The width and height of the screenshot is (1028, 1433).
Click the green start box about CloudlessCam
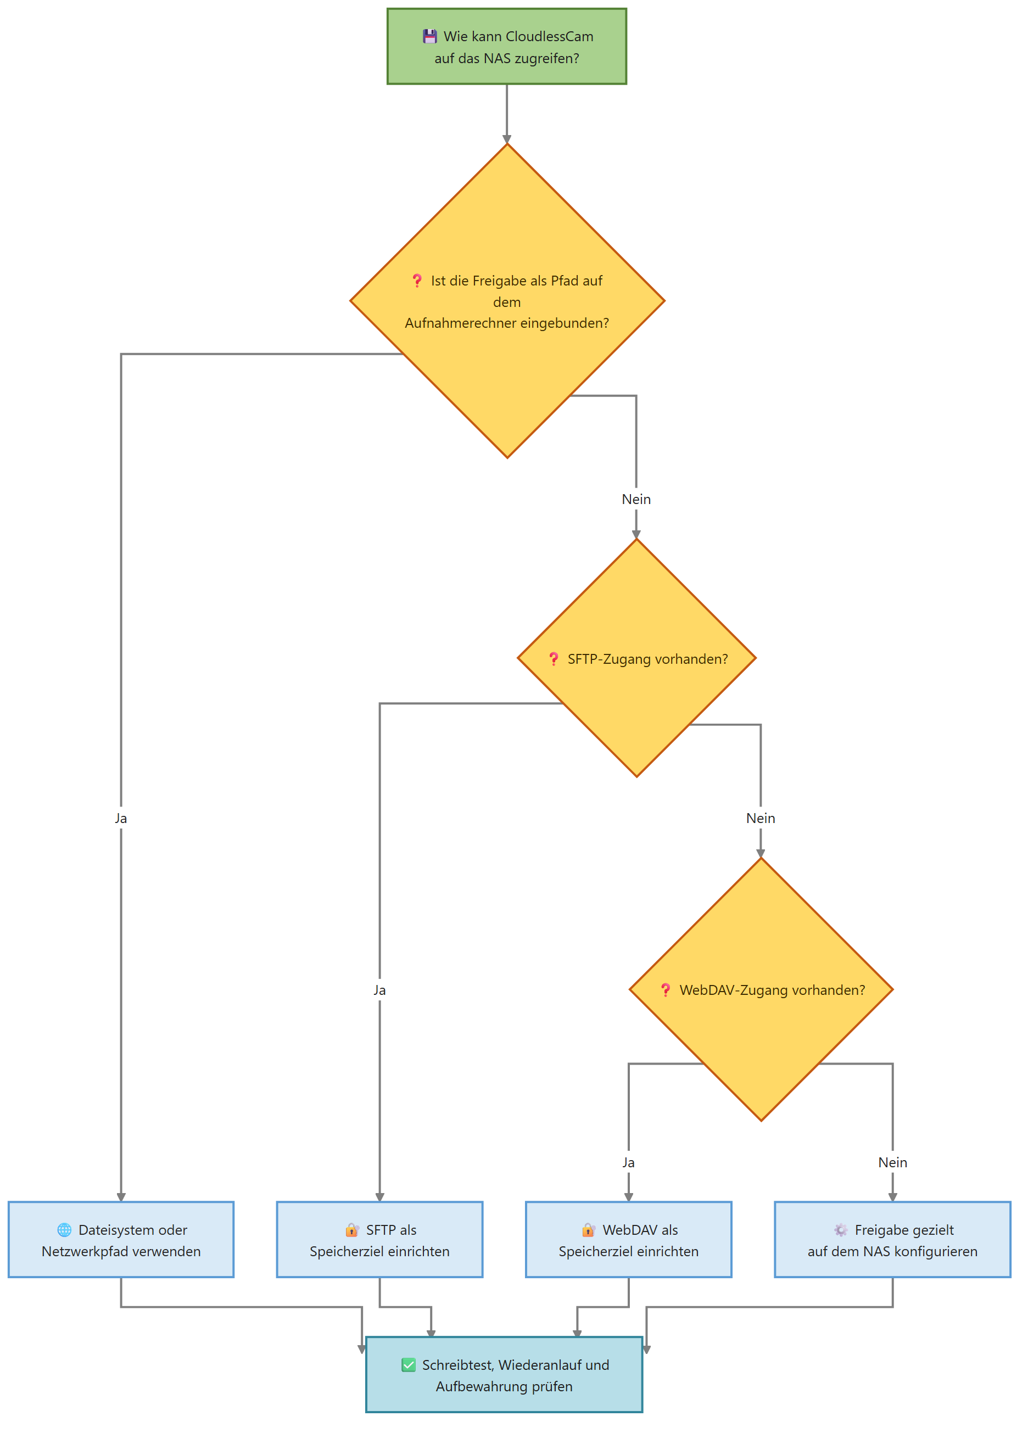pyautogui.click(x=506, y=46)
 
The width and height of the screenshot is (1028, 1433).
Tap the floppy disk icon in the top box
pyautogui.click(x=429, y=36)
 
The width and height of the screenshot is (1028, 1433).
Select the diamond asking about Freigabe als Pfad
pyautogui.click(x=507, y=301)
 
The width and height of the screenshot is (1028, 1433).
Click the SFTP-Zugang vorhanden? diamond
pyautogui.click(x=636, y=658)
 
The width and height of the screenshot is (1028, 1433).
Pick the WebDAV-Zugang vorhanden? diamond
pyautogui.click(x=761, y=989)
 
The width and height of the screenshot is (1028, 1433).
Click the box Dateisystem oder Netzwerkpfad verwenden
pyautogui.click(x=121, y=1240)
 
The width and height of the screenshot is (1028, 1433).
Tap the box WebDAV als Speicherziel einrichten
pyautogui.click(x=628, y=1240)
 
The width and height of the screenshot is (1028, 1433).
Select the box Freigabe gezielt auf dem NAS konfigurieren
pyautogui.click(x=892, y=1240)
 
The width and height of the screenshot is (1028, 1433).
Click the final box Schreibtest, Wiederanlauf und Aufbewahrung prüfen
pyautogui.click(x=504, y=1375)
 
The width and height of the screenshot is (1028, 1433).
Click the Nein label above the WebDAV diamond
pyautogui.click(x=760, y=818)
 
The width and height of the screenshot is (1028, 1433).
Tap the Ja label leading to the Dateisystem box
pyautogui.click(x=121, y=818)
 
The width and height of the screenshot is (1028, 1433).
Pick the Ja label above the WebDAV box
pyautogui.click(x=628, y=1162)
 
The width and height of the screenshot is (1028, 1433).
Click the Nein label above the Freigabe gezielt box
pyautogui.click(x=892, y=1162)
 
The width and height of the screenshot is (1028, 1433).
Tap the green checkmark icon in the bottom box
pyautogui.click(x=408, y=1365)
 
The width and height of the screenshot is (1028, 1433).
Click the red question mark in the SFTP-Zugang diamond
pyautogui.click(x=554, y=659)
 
